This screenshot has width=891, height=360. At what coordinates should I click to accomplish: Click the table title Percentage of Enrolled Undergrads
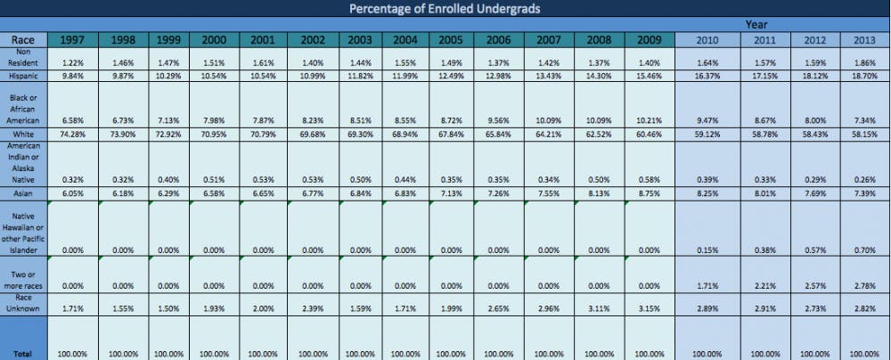tap(445, 9)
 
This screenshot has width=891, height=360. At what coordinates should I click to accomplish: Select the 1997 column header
tap(73, 40)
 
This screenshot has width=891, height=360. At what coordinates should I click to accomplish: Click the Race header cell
tap(23, 40)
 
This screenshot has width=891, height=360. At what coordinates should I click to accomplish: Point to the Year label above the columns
tap(756, 25)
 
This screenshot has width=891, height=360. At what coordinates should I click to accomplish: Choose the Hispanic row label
tap(23, 77)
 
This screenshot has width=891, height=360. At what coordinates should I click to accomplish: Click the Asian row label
tap(23, 192)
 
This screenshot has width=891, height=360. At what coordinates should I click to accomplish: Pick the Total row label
tap(23, 354)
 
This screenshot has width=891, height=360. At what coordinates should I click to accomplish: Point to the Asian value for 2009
tap(650, 192)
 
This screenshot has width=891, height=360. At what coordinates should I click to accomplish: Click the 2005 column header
tap(450, 40)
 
